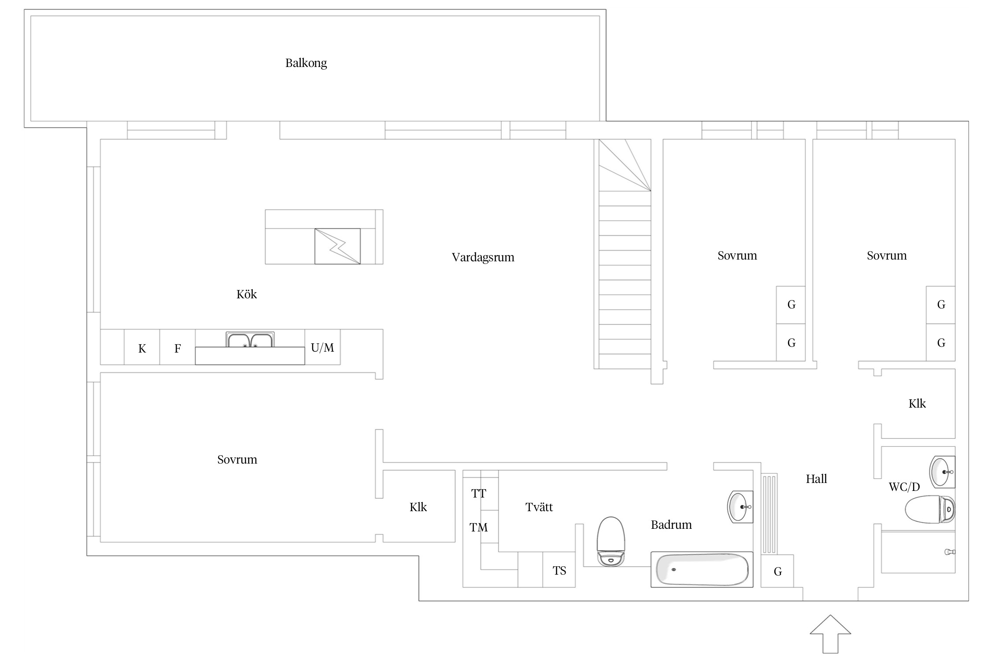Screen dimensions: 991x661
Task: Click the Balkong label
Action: click(306, 63)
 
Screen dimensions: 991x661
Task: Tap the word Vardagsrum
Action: click(483, 258)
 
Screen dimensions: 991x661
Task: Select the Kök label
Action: click(247, 294)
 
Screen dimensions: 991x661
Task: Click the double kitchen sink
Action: click(250, 340)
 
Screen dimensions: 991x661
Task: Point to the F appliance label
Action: click(177, 349)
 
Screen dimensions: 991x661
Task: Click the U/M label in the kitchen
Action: click(322, 348)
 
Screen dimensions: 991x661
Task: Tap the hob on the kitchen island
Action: click(337, 246)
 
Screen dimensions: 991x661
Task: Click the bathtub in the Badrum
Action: click(702, 569)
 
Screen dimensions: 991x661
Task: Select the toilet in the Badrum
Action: click(611, 542)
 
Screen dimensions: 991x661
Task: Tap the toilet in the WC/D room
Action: click(930, 509)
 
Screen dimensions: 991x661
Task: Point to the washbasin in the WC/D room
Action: click(942, 472)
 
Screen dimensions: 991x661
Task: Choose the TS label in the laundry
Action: click(559, 571)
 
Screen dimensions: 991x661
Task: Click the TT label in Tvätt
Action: click(479, 494)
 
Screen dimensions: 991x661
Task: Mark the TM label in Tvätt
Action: click(479, 527)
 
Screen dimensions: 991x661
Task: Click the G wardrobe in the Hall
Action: click(777, 571)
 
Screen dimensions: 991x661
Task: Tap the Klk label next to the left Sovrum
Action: click(418, 507)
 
